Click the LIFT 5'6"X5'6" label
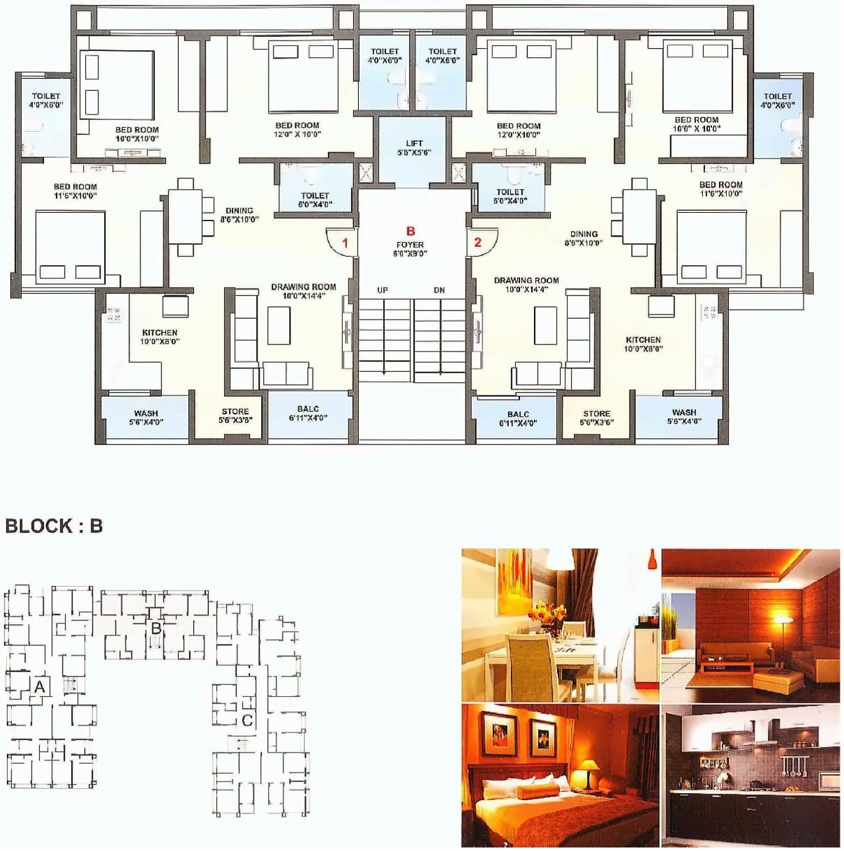click(414, 147)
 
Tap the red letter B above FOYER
click(410, 231)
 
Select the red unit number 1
click(345, 243)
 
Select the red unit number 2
click(477, 242)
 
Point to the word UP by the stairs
click(383, 290)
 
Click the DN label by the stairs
click(439, 290)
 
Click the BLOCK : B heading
click(54, 526)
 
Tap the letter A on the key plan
click(40, 687)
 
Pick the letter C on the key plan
click(247, 721)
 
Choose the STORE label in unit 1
click(235, 416)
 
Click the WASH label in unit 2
click(684, 416)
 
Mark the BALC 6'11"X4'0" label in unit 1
click(308, 414)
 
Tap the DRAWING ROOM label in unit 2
click(526, 285)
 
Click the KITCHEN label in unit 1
click(160, 337)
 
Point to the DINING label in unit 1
click(239, 215)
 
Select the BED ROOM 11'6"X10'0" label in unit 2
click(721, 189)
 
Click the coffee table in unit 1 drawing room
click(279, 325)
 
